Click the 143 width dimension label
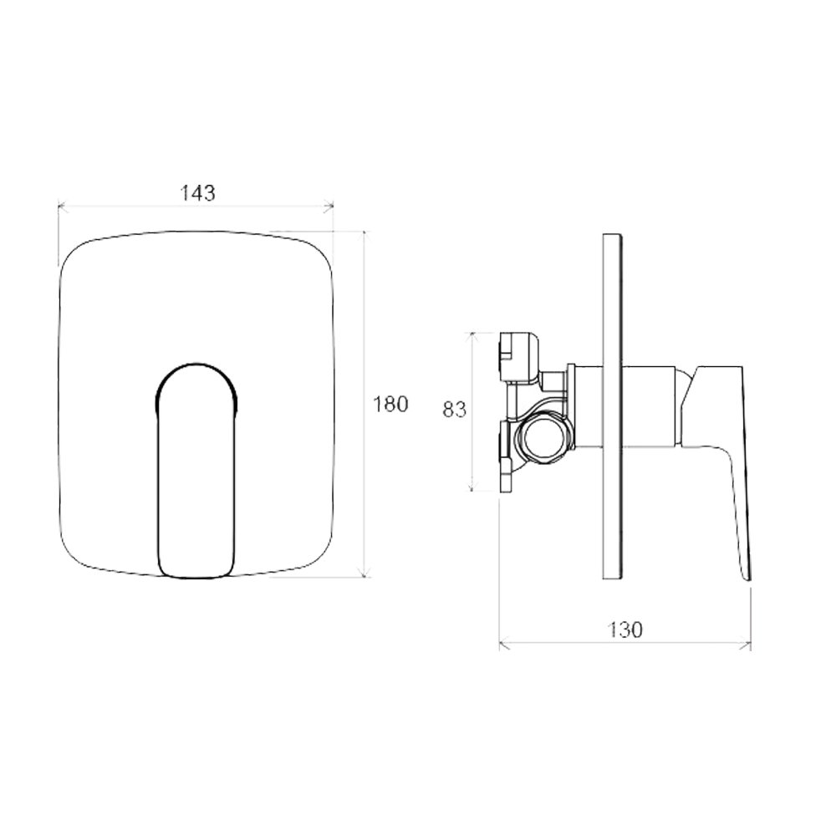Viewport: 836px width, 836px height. [197, 192]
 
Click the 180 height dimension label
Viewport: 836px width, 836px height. [390, 404]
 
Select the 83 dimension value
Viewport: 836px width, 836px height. [454, 410]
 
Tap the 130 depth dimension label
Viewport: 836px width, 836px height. [624, 630]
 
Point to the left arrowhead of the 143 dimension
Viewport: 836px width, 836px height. [62, 206]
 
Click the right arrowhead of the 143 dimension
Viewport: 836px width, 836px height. [329, 206]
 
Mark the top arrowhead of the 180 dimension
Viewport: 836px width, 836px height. [364, 236]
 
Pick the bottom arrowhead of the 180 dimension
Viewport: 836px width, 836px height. [364, 572]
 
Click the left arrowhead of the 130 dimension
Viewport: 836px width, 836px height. [504, 645]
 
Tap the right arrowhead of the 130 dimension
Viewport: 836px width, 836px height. [746, 645]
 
